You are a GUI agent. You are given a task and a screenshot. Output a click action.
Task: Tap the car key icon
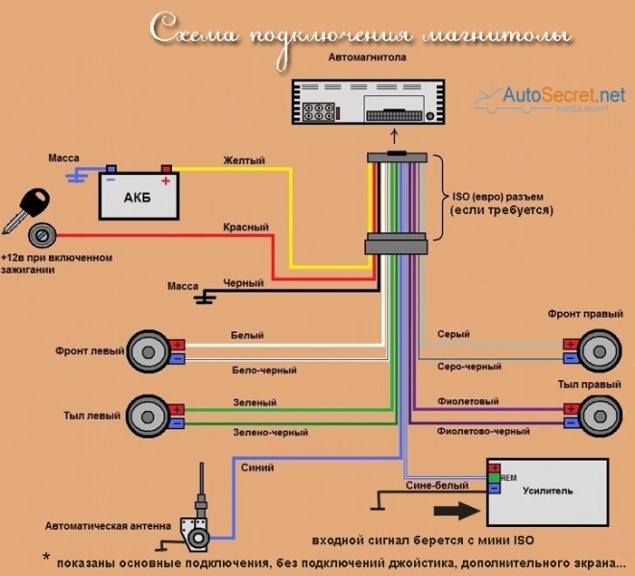coord(26,208)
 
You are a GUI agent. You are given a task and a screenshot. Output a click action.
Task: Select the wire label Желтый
coord(244,159)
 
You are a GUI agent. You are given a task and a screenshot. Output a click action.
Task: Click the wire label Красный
coord(246,227)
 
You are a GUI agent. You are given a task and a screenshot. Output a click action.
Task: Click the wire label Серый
coord(453,334)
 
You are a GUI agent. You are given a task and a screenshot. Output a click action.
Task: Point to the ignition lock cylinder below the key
coord(42,237)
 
